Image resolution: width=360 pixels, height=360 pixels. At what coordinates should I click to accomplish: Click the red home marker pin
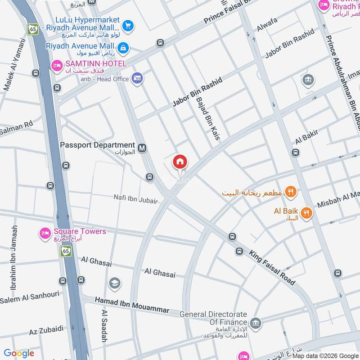point(180,162)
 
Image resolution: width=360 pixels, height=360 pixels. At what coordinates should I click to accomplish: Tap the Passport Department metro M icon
point(142,147)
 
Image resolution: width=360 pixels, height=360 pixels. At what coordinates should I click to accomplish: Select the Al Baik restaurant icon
point(306,213)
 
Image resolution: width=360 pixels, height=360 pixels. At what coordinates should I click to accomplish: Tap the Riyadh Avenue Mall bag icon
point(123,47)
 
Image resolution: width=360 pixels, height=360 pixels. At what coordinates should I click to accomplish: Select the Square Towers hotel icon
point(45,233)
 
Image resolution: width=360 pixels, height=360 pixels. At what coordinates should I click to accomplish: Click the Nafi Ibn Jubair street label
point(135,198)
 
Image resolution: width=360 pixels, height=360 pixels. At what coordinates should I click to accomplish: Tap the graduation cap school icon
point(114,283)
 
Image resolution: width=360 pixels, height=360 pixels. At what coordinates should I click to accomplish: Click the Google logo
point(19,353)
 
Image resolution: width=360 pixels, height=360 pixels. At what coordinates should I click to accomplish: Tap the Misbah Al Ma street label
point(338,199)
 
